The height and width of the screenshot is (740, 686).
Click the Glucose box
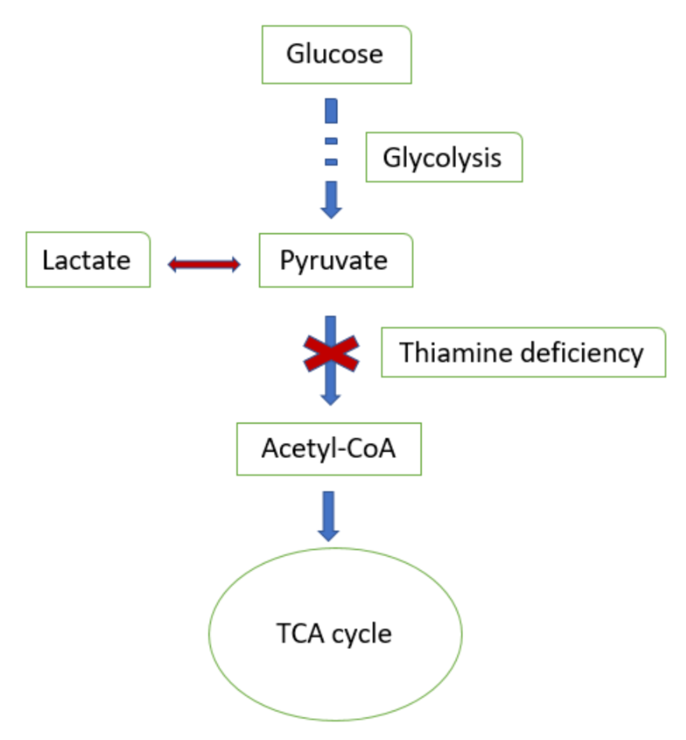(336, 55)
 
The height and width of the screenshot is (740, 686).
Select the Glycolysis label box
(444, 157)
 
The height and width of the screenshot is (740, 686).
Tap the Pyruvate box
(336, 260)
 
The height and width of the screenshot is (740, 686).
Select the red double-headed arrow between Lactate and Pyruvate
(204, 264)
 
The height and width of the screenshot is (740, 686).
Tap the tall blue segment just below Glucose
(331, 111)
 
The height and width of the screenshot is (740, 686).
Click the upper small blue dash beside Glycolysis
(331, 141)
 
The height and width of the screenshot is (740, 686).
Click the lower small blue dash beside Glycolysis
(331, 162)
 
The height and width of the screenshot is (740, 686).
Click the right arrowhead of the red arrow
(236, 264)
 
